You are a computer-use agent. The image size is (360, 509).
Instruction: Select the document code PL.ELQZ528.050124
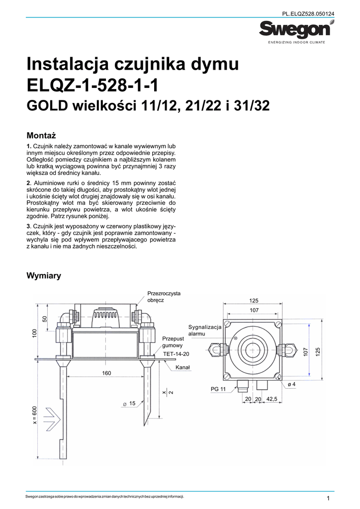[x=308, y=14]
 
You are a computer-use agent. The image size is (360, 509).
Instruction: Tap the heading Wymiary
[x=43, y=276]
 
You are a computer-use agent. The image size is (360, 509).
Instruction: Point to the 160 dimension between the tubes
[x=106, y=373]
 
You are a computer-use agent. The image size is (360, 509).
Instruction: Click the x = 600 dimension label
[x=35, y=415]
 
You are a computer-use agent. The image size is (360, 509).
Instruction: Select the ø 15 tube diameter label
[x=129, y=404]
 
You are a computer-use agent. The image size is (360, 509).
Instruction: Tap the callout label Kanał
[x=183, y=367]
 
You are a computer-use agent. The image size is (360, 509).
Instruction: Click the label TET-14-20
[x=176, y=354]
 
